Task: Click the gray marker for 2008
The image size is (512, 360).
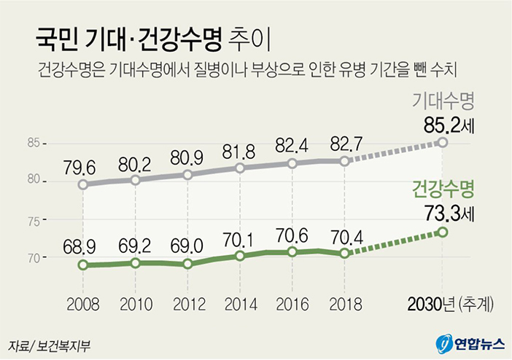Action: (x=83, y=184)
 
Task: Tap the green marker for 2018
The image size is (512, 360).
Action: (x=345, y=253)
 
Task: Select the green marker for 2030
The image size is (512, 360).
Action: (x=441, y=232)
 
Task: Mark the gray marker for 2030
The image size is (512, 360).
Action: (x=441, y=141)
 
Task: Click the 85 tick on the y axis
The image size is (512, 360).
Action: (x=33, y=142)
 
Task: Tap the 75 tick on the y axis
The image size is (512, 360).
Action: (x=33, y=219)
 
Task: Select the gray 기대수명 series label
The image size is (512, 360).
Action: (x=442, y=99)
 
